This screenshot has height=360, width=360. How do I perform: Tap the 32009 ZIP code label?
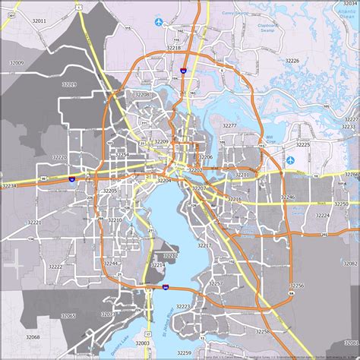(x=16, y=62)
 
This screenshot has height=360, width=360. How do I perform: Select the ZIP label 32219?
(x=69, y=84)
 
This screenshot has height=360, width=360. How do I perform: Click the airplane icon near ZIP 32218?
(x=159, y=22)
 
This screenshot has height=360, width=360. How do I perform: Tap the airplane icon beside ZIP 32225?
(x=290, y=161)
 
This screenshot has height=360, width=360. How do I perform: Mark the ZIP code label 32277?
(x=229, y=125)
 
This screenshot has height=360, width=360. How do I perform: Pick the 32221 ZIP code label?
(x=34, y=223)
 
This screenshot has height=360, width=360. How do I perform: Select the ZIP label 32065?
(x=68, y=315)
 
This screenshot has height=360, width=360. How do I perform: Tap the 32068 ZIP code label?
(x=32, y=336)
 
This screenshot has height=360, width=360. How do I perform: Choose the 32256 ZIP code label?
(x=297, y=286)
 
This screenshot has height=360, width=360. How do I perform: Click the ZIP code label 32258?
(x=263, y=331)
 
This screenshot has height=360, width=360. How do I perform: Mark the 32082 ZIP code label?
(x=349, y=263)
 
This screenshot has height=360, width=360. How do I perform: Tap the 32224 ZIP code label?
(x=322, y=215)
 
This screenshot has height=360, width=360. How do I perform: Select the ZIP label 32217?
(x=204, y=246)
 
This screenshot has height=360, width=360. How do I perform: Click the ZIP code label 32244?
(x=111, y=264)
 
